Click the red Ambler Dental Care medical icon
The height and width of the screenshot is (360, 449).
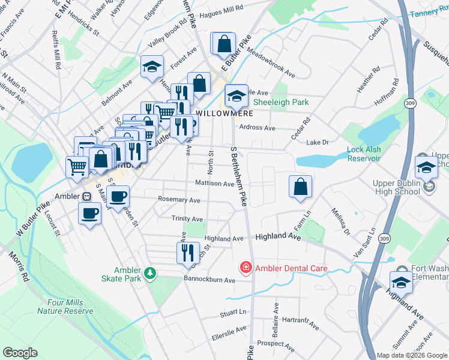pyautogui.click(x=246, y=268)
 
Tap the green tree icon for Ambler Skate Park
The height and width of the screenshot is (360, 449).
pyautogui.click(x=149, y=275)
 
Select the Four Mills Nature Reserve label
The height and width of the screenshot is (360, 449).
pyautogui.click(x=65, y=307)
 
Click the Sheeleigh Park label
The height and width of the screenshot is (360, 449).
pyautogui.click(x=280, y=102)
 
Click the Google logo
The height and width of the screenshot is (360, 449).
pyautogui.click(x=20, y=353)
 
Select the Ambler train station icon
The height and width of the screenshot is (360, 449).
pyautogui.click(x=87, y=196)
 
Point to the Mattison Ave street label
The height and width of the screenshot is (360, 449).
pyautogui.click(x=214, y=183)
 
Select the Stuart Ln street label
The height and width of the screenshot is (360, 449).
pyautogui.click(x=234, y=313)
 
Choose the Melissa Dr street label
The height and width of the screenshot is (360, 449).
pyautogui.click(x=340, y=222)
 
